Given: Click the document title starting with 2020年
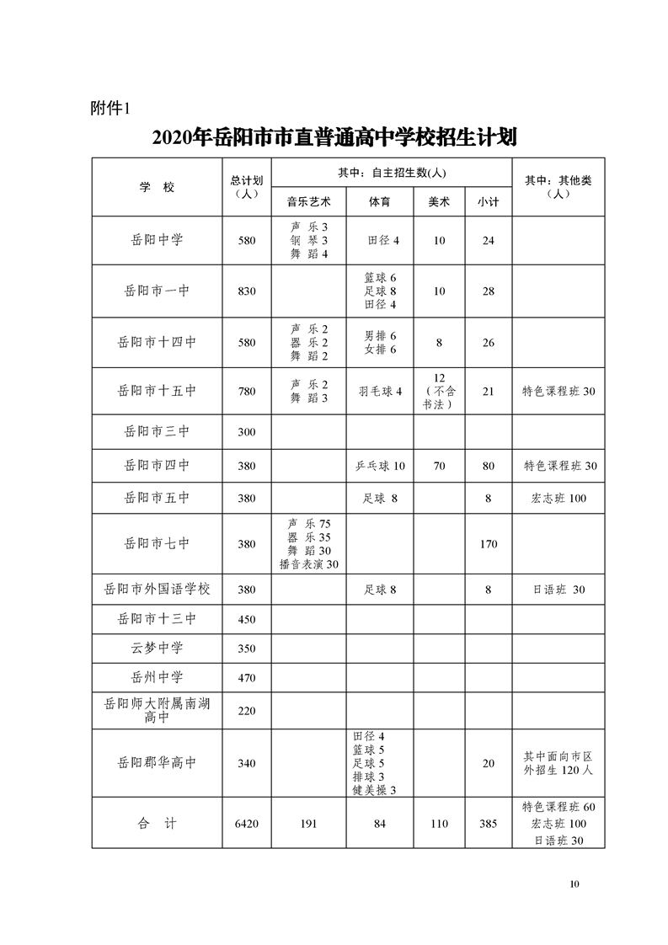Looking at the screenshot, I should [334, 137].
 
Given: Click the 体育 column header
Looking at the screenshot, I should [379, 202].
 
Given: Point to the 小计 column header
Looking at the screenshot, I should [488, 202].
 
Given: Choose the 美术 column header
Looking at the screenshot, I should [439, 202].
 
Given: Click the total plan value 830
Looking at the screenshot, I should [247, 291].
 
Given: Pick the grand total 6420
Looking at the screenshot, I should [247, 824].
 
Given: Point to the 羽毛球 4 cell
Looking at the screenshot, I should [380, 391].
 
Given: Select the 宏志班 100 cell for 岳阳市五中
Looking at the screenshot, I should [558, 498].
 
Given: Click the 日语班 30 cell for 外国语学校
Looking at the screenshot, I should [558, 590].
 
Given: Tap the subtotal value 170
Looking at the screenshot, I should [488, 544].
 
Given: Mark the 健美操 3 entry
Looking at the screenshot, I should [375, 790].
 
